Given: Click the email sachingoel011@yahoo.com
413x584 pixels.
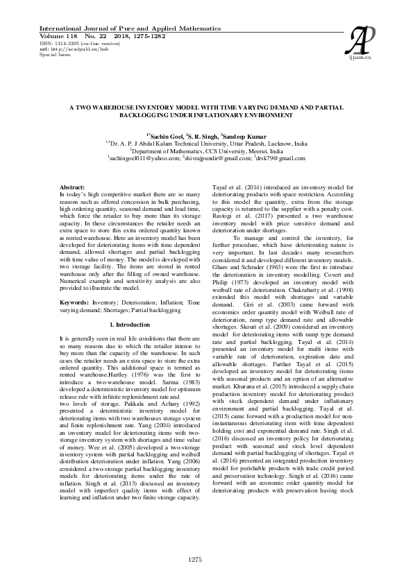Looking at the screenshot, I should [142, 157].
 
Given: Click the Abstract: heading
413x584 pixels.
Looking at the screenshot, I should [72, 188].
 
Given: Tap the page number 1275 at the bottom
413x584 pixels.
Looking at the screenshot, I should [206, 559].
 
